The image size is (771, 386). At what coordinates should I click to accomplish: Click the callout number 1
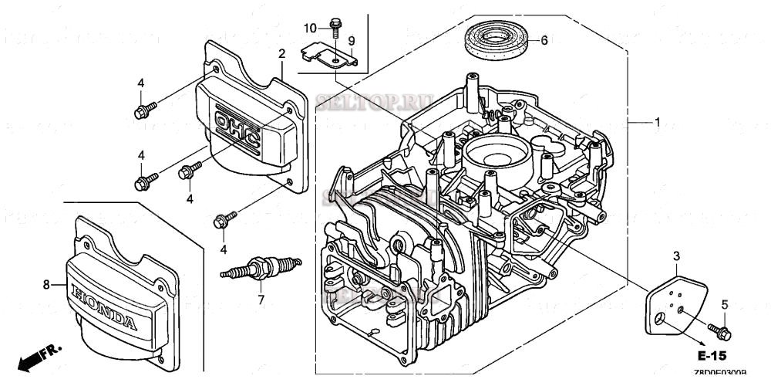pyautogui.click(x=657, y=122)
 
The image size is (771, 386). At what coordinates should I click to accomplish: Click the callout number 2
pyautogui.click(x=281, y=53)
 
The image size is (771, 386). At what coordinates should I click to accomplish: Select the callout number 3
pyautogui.click(x=676, y=256)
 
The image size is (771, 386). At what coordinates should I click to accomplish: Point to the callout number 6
pyautogui.click(x=544, y=41)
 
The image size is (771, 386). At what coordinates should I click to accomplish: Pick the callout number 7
pyautogui.click(x=261, y=300)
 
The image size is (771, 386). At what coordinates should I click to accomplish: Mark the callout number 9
pyautogui.click(x=351, y=40)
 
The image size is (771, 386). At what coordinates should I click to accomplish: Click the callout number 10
pyautogui.click(x=310, y=28)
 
